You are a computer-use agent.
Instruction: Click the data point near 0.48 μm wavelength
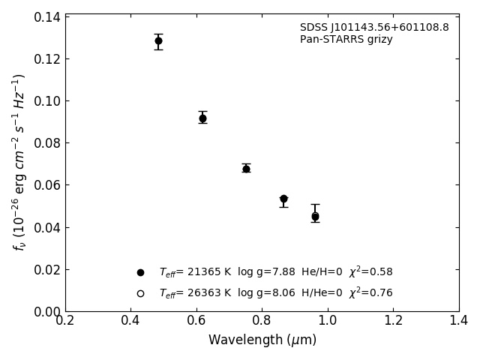pyautogui.click(x=158, y=40)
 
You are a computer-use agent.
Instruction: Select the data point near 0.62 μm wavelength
pyautogui.click(x=202, y=118)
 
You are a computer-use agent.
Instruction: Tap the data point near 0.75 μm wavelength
pyautogui.click(x=246, y=169)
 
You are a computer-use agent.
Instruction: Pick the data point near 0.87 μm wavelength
pyautogui.click(x=283, y=199)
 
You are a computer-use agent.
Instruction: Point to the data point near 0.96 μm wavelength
pyautogui.click(x=315, y=216)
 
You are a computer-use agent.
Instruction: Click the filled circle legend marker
pyautogui.click(x=140, y=272)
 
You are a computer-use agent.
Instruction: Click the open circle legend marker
pyautogui.click(x=140, y=293)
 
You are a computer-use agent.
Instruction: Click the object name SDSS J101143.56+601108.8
pyautogui.click(x=374, y=28)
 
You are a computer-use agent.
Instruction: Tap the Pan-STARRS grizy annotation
pyautogui.click(x=346, y=40)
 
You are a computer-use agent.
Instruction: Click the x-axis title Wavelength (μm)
pyautogui.click(x=262, y=340)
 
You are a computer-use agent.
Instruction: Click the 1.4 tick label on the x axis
pyautogui.click(x=459, y=321)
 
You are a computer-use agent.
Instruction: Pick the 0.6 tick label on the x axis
pyautogui.click(x=196, y=321)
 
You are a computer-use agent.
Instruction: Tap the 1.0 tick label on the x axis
pyautogui.click(x=328, y=321)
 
